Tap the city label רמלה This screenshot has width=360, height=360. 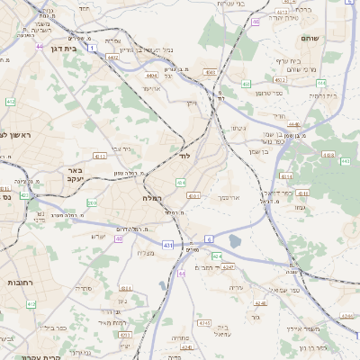pyautogui.click(x=150, y=196)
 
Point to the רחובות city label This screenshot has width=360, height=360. pyautogui.click(x=20, y=282)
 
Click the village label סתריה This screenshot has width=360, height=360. pyautogui.click(x=83, y=288)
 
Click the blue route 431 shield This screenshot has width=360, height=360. pyautogui.click(x=167, y=244)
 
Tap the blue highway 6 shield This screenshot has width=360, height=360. pyautogui.click(x=209, y=238)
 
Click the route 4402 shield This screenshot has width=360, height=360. pyautogui.click(x=112, y=58)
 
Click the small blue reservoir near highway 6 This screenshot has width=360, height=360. pyautogui.click(x=235, y=240)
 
